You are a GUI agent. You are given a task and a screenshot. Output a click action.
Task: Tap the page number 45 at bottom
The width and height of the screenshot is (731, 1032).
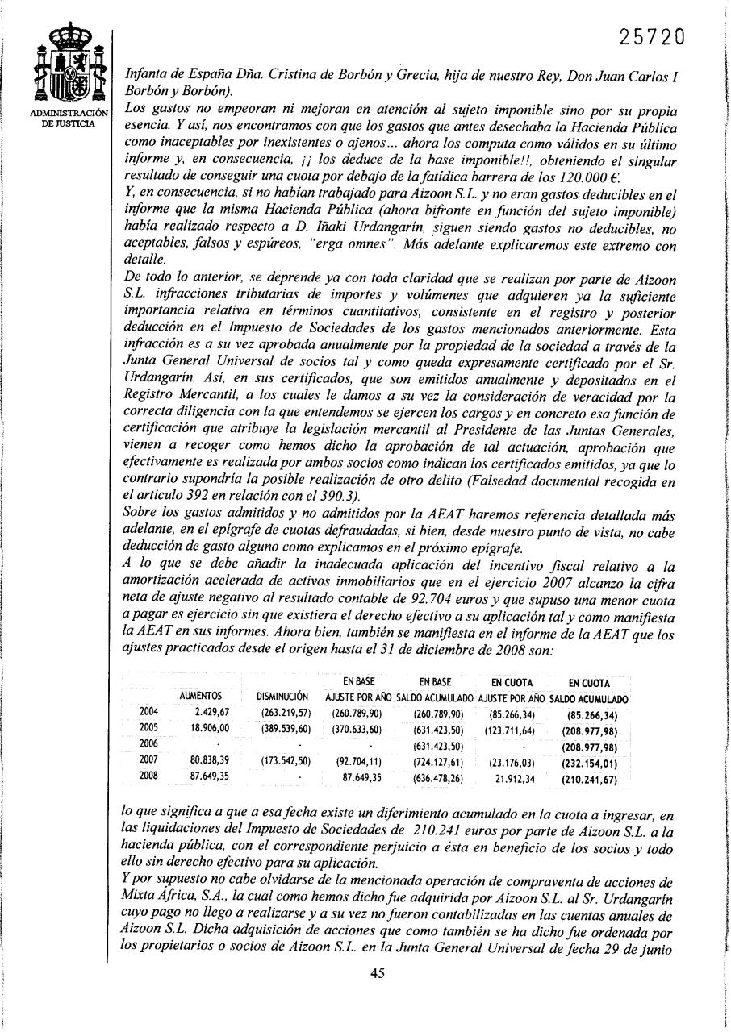point(378,972)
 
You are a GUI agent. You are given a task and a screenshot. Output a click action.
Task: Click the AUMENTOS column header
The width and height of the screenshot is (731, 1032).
point(200,696)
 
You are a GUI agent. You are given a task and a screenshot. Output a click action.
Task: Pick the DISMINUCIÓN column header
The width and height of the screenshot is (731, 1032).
point(282,696)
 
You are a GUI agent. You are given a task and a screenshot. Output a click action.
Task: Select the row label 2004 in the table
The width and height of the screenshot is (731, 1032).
point(148,712)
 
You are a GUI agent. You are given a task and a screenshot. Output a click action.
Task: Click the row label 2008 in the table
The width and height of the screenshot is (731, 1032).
point(148,776)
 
